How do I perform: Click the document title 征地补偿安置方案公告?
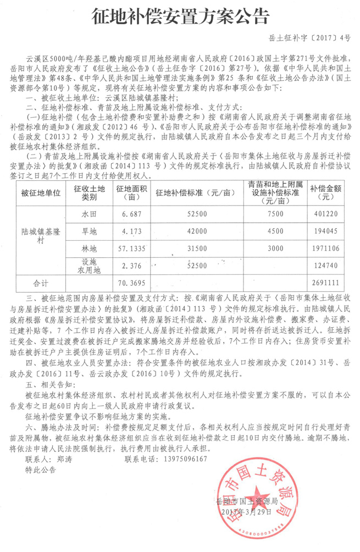point(180,15)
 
